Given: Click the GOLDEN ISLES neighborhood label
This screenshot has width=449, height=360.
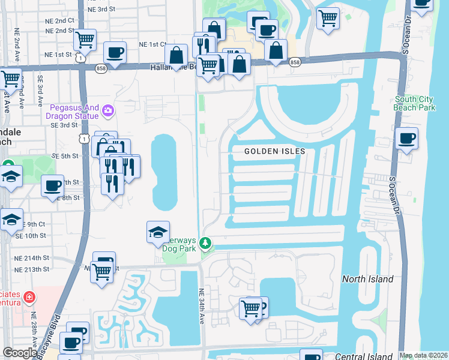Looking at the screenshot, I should pyautogui.click(x=274, y=152).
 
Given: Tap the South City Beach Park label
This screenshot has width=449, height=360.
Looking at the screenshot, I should pyautogui.click(x=415, y=103).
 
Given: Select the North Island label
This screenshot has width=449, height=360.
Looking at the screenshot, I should pyautogui.click(x=367, y=279).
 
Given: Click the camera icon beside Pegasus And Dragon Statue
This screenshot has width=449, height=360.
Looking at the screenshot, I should pyautogui.click(x=109, y=110).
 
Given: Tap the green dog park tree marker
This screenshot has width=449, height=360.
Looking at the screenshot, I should pyautogui.click(x=206, y=244).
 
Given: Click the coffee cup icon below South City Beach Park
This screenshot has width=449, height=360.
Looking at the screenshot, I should pyautogui.click(x=406, y=139).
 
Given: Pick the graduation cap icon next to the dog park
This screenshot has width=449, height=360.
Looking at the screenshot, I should pyautogui.click(x=157, y=233).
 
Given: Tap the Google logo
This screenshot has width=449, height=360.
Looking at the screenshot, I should pyautogui.click(x=20, y=353).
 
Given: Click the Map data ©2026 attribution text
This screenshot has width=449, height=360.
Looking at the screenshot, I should pyautogui.click(x=423, y=355).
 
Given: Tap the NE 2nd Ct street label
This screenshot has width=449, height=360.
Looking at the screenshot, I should pyautogui.click(x=59, y=20).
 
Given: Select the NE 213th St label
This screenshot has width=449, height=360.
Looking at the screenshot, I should pyautogui.click(x=49, y=269).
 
